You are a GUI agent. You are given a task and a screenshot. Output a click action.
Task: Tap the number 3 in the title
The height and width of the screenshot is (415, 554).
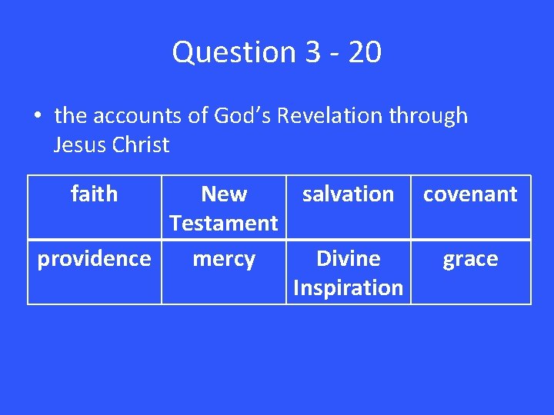(x=312, y=52)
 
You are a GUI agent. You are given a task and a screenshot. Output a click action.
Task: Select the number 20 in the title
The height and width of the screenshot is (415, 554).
(x=364, y=52)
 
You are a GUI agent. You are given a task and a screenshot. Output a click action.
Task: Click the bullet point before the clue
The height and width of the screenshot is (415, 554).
(x=36, y=117)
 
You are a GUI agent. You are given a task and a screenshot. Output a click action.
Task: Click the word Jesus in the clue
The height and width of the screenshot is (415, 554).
(x=80, y=144)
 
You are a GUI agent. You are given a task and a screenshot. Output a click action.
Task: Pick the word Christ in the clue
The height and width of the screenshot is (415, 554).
(x=140, y=144)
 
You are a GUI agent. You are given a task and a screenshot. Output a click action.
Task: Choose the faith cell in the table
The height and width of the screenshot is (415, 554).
(x=94, y=194)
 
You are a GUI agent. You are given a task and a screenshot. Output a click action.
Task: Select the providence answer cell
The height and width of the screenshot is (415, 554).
(x=94, y=259)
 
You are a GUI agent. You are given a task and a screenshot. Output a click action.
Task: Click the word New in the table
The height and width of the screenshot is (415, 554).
(x=223, y=194)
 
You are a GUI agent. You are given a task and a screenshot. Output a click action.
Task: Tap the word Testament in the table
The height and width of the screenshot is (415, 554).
(x=223, y=223)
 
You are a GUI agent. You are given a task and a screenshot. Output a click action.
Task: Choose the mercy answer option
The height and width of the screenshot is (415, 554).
(x=223, y=259)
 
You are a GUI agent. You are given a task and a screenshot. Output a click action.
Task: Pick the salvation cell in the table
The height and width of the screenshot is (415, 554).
(x=348, y=194)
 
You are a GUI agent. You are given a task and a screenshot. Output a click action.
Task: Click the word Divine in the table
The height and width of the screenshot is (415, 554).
(x=348, y=259)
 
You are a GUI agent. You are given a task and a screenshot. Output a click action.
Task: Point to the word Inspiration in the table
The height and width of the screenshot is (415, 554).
(x=348, y=287)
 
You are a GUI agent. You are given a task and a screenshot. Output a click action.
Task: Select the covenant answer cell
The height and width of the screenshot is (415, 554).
(x=470, y=194)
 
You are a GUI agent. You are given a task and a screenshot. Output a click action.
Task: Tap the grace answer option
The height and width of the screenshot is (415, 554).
(x=470, y=260)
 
